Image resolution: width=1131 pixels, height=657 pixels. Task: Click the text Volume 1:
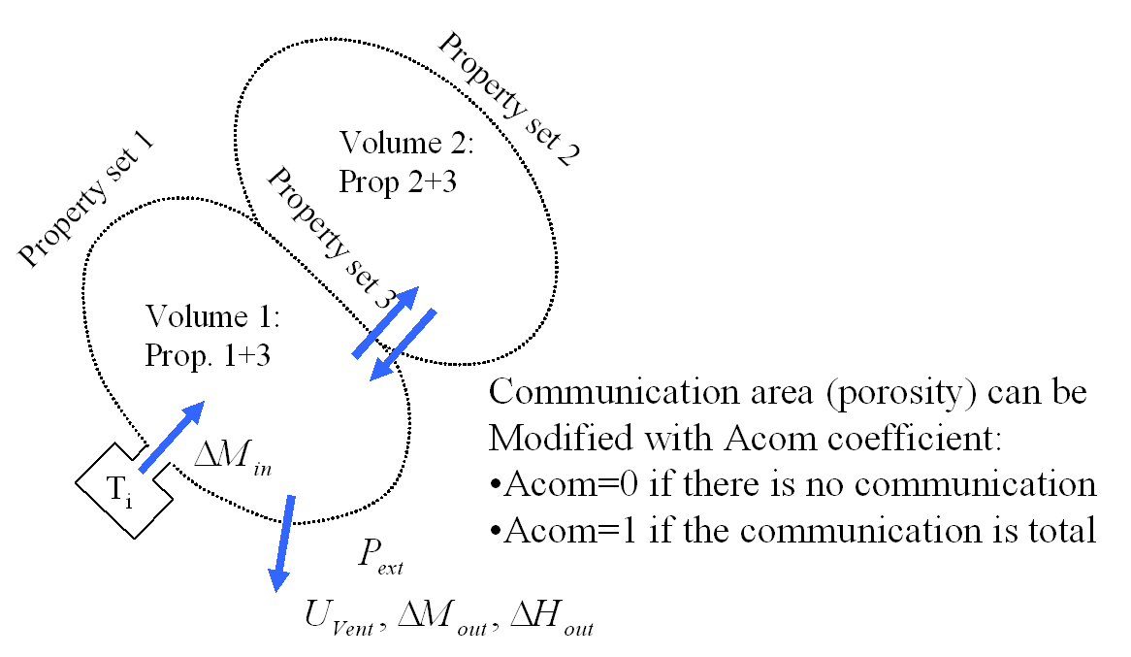pos(212,317)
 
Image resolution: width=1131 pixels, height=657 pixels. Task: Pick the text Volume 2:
pos(405,144)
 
